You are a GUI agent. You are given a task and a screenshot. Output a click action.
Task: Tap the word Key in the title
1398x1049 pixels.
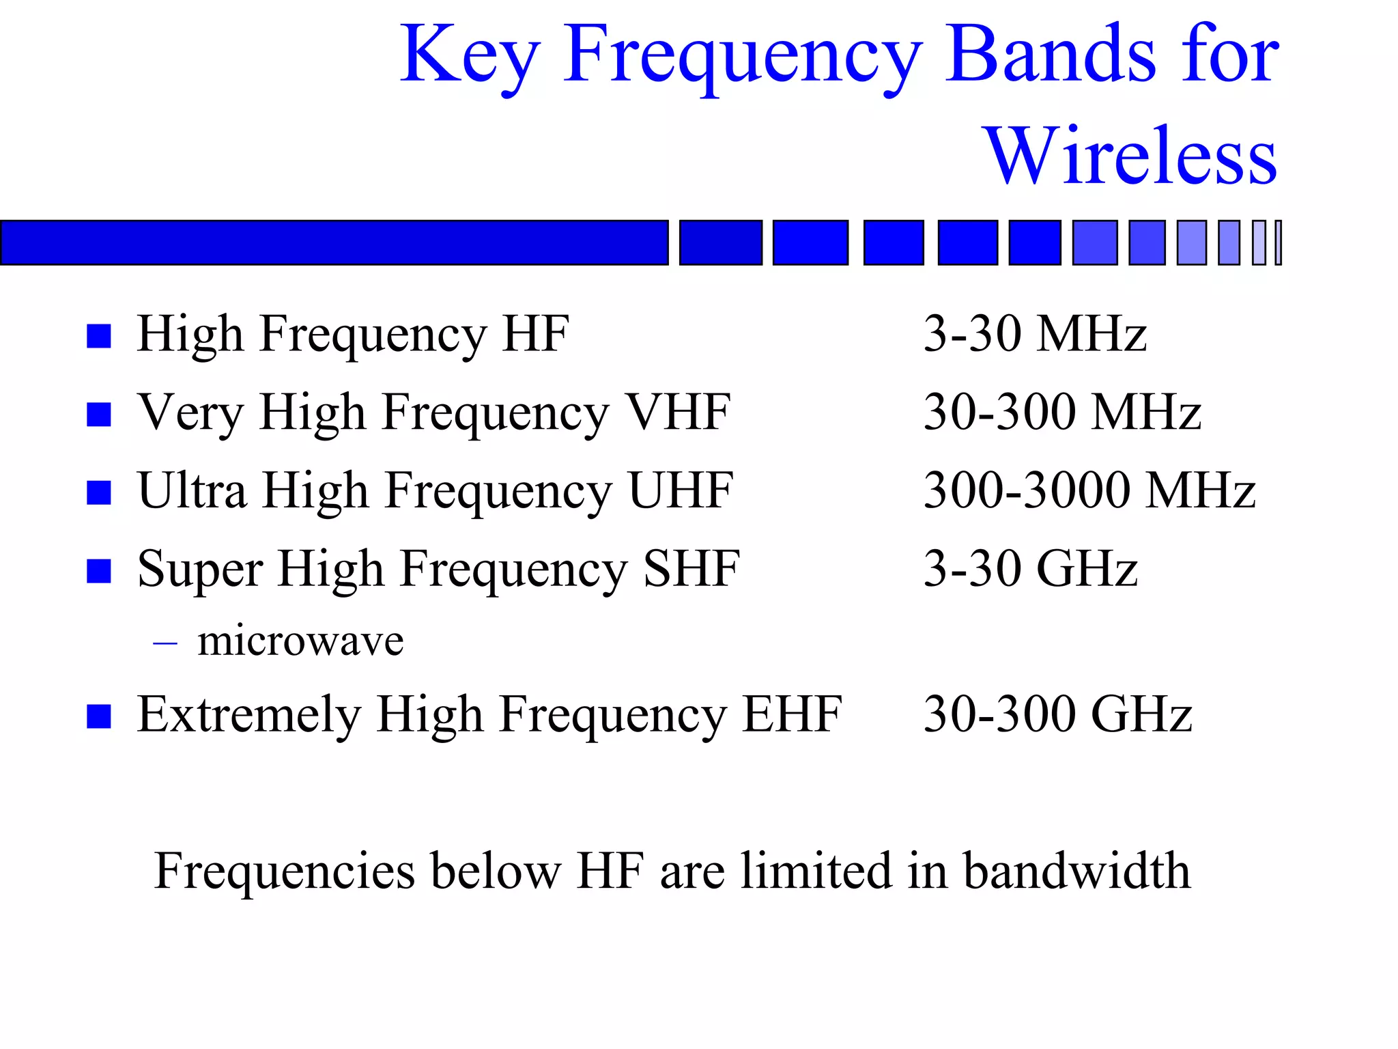(x=470, y=56)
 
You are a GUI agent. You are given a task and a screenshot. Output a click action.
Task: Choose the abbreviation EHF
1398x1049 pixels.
(x=792, y=714)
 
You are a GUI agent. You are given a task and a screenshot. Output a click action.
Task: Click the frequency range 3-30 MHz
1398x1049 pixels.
(x=1035, y=334)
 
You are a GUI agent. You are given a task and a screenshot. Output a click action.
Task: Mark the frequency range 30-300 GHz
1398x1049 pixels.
(x=1058, y=714)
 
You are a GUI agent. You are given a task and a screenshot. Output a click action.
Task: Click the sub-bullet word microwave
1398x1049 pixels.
(x=300, y=641)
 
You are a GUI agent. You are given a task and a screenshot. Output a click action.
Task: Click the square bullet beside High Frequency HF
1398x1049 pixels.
(x=99, y=336)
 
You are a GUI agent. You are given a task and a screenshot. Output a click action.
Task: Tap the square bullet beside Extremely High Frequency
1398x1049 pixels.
(x=99, y=716)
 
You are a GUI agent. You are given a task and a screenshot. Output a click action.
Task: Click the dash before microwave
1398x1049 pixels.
(x=165, y=643)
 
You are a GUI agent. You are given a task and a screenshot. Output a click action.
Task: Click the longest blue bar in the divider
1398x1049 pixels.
(x=334, y=242)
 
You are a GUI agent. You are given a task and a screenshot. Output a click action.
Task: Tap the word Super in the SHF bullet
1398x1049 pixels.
(x=200, y=570)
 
